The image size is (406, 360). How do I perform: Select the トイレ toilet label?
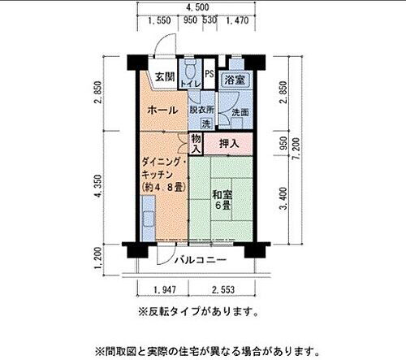click(190, 84)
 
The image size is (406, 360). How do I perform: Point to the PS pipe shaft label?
click(209, 74)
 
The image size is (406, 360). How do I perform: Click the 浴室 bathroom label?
click(235, 80)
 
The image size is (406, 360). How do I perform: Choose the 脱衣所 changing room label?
click(202, 109)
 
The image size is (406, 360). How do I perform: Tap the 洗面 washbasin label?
click(240, 113)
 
